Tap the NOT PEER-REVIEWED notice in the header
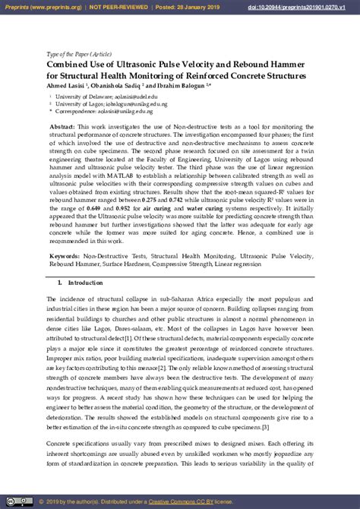[113, 6]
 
